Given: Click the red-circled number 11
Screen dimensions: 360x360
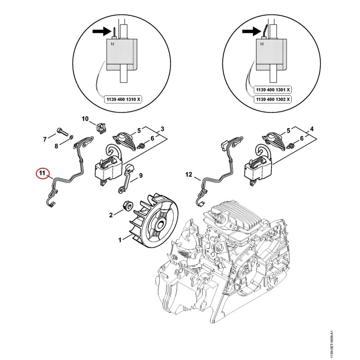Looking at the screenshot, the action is point(42,173).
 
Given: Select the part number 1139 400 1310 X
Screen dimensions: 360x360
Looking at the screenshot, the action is point(123,99).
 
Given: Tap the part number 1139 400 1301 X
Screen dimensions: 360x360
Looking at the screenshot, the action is point(273,90).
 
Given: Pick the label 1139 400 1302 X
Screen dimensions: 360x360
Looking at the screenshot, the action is point(273,99).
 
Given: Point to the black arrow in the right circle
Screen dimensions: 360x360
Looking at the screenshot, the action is point(252,31).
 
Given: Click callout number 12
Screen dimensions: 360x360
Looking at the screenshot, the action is point(189,175).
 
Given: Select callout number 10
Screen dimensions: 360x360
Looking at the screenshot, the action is point(85,119).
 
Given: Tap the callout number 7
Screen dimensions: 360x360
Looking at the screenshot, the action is point(45,139).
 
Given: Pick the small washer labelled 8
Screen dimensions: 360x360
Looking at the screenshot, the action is point(71,137).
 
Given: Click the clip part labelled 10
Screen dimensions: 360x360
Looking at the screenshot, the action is point(102,128).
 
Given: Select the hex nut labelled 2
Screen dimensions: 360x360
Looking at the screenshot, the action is point(127,205).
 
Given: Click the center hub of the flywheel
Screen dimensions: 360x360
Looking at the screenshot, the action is point(161,224).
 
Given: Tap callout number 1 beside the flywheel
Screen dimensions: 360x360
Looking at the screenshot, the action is point(120,240).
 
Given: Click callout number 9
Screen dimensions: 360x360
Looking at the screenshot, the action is point(141,175).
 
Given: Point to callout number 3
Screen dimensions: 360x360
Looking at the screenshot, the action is point(162,129).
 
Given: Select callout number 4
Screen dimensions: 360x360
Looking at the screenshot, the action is point(311,129).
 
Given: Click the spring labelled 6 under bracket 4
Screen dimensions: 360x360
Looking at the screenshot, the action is point(291,145).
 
